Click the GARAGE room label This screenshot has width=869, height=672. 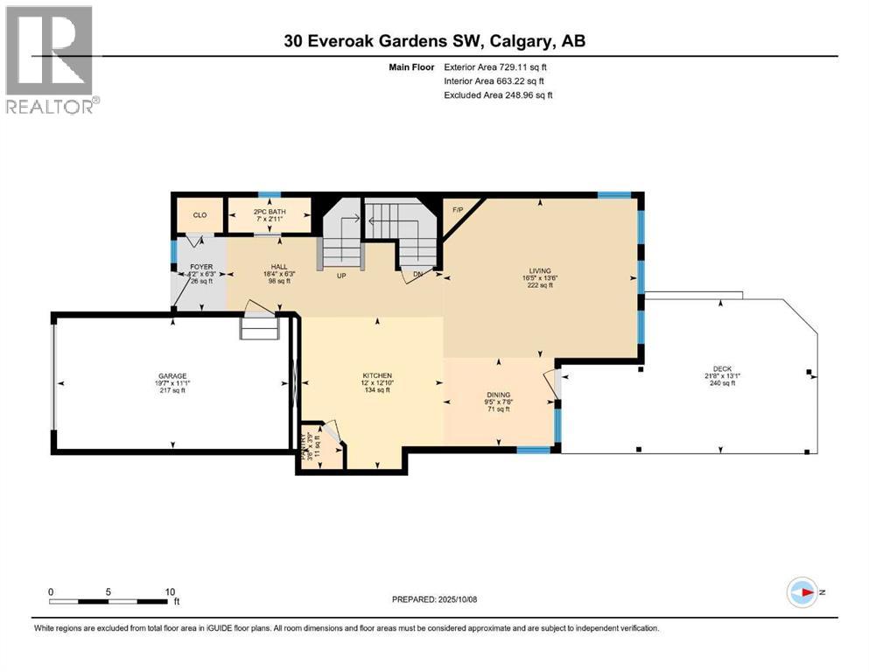coord(172,375)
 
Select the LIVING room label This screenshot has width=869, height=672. coord(539,271)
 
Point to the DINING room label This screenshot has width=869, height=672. coord(499,395)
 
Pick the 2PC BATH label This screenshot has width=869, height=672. coord(269,213)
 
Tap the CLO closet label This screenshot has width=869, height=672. coord(200,214)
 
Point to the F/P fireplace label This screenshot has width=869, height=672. coord(457,210)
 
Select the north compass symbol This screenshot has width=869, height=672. coord(802,592)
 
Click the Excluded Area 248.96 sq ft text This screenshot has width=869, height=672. coord(498,94)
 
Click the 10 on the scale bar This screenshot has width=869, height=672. coord(170,591)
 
